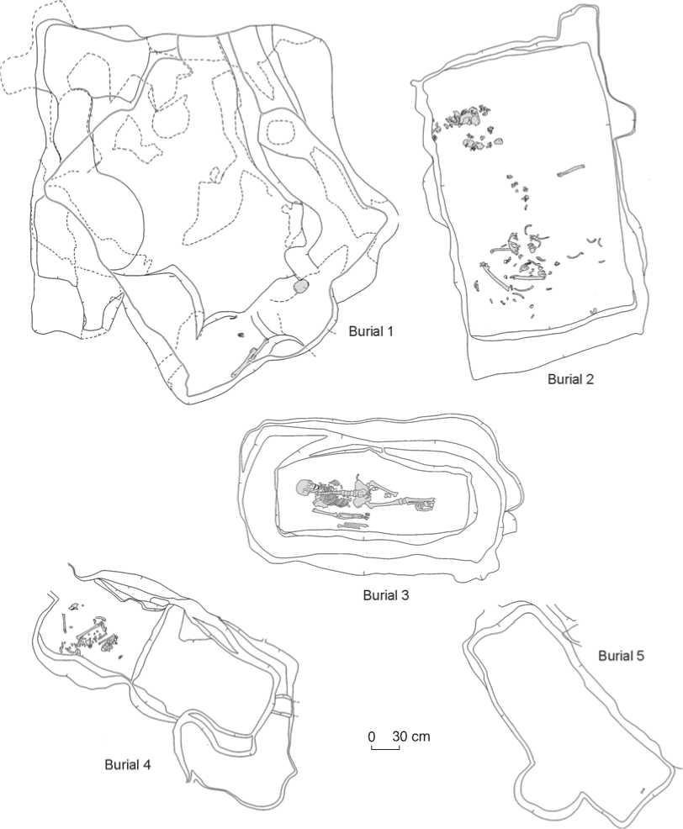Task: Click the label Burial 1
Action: (372, 331)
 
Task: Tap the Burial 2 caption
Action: (571, 379)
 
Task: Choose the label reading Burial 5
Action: (622, 655)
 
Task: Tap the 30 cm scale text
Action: (410, 737)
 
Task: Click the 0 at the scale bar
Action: (371, 737)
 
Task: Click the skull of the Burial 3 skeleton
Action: (304, 488)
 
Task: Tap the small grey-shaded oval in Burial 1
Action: (300, 288)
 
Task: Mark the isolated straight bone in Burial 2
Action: (572, 173)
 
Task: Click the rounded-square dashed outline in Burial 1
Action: (278, 133)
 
